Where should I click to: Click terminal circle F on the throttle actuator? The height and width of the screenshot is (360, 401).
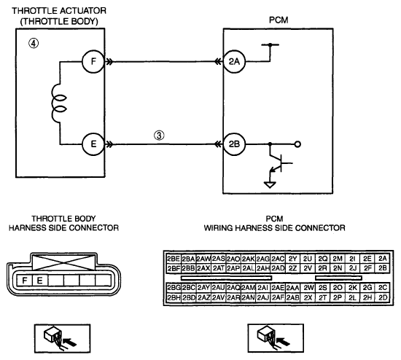coord(93,62)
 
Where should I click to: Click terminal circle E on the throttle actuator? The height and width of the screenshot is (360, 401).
coord(93,144)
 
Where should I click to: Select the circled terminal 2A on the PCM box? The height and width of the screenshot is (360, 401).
coord(234,62)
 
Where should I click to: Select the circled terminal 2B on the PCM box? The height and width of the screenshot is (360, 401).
coord(234,144)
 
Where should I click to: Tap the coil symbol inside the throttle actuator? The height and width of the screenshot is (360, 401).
coord(58,103)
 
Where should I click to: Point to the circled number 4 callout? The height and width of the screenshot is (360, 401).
coord(34,44)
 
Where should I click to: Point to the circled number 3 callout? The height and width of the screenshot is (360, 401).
coord(159,136)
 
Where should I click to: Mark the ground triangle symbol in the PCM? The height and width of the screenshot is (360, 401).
coord(270,184)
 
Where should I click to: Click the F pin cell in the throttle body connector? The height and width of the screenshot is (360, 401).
coord(25,281)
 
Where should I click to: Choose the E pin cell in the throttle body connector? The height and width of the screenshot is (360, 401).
coord(39,281)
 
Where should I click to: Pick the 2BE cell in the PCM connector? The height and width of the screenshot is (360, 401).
coord(174,259)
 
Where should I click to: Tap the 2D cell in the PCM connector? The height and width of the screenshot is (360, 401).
coord(383,297)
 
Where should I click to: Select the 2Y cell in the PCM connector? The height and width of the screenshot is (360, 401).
coord(292,259)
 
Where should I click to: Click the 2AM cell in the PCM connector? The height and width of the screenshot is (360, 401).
coord(249,288)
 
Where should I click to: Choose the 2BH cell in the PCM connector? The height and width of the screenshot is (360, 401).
coord(174,297)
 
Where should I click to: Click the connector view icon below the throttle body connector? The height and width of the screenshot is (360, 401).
coord(63,339)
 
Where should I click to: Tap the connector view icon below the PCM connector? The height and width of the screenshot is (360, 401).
coord(276,338)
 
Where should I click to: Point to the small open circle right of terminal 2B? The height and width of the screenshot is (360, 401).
coord(297,144)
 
